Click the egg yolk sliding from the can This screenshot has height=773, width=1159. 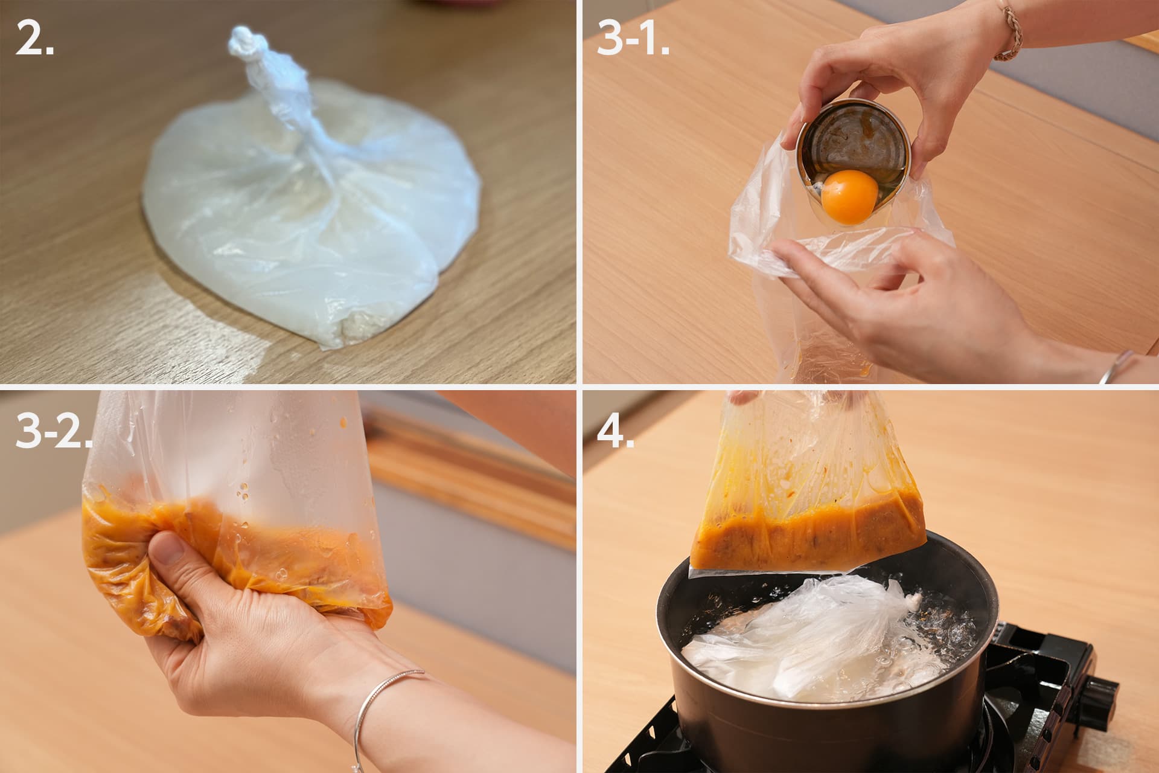coord(850,196)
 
